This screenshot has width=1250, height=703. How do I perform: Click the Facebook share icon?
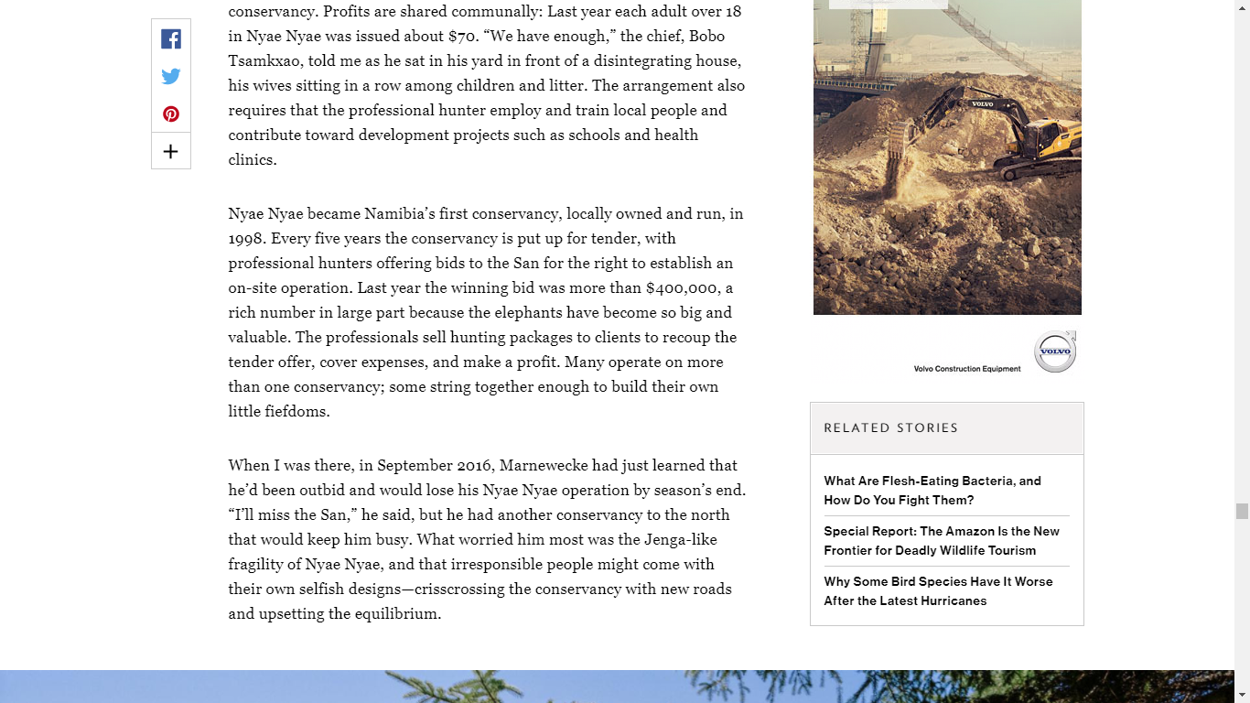click(171, 38)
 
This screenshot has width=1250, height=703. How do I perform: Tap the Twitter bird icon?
click(171, 76)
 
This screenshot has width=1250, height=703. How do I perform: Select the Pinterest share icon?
click(171, 114)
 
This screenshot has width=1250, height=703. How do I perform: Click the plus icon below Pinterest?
click(171, 152)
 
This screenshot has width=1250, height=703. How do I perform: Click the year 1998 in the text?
click(247, 239)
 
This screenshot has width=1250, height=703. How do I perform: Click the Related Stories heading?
click(890, 428)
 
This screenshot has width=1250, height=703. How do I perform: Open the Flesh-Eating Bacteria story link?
click(932, 491)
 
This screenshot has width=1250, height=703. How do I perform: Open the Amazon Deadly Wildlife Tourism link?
click(941, 541)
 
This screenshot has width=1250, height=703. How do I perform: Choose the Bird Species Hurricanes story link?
click(938, 591)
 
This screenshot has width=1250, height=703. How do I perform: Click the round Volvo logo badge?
click(1055, 352)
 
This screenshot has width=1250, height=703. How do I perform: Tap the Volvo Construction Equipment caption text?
click(966, 369)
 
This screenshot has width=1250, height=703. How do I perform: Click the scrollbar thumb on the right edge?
click(1242, 511)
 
